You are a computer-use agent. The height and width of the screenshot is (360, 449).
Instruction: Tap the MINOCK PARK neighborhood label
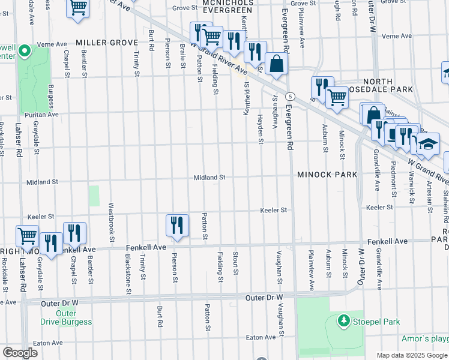tap(327, 175)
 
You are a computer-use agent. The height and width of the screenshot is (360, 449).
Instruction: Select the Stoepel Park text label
tap(376, 322)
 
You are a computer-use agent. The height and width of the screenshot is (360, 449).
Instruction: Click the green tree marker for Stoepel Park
tap(344, 321)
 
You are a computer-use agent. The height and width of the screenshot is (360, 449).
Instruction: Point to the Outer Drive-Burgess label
tap(66, 317)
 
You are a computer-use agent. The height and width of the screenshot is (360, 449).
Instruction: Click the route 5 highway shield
tap(290, 96)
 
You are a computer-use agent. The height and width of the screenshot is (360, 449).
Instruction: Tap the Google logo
tap(20, 353)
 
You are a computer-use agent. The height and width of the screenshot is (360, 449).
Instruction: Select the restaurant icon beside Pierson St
tap(177, 225)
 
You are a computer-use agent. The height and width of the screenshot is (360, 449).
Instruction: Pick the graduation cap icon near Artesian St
tap(429, 144)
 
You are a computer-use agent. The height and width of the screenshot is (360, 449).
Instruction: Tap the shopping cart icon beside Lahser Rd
tap(27, 236)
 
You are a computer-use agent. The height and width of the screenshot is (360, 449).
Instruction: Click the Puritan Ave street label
tap(41, 113)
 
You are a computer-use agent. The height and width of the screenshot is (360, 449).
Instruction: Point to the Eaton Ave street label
tap(49, 343)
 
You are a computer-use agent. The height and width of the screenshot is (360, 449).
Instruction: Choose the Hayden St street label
tap(261, 129)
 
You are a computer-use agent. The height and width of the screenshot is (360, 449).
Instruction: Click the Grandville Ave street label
tap(378, 178)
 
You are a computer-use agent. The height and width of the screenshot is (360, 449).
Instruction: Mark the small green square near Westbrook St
tap(94, 196)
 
